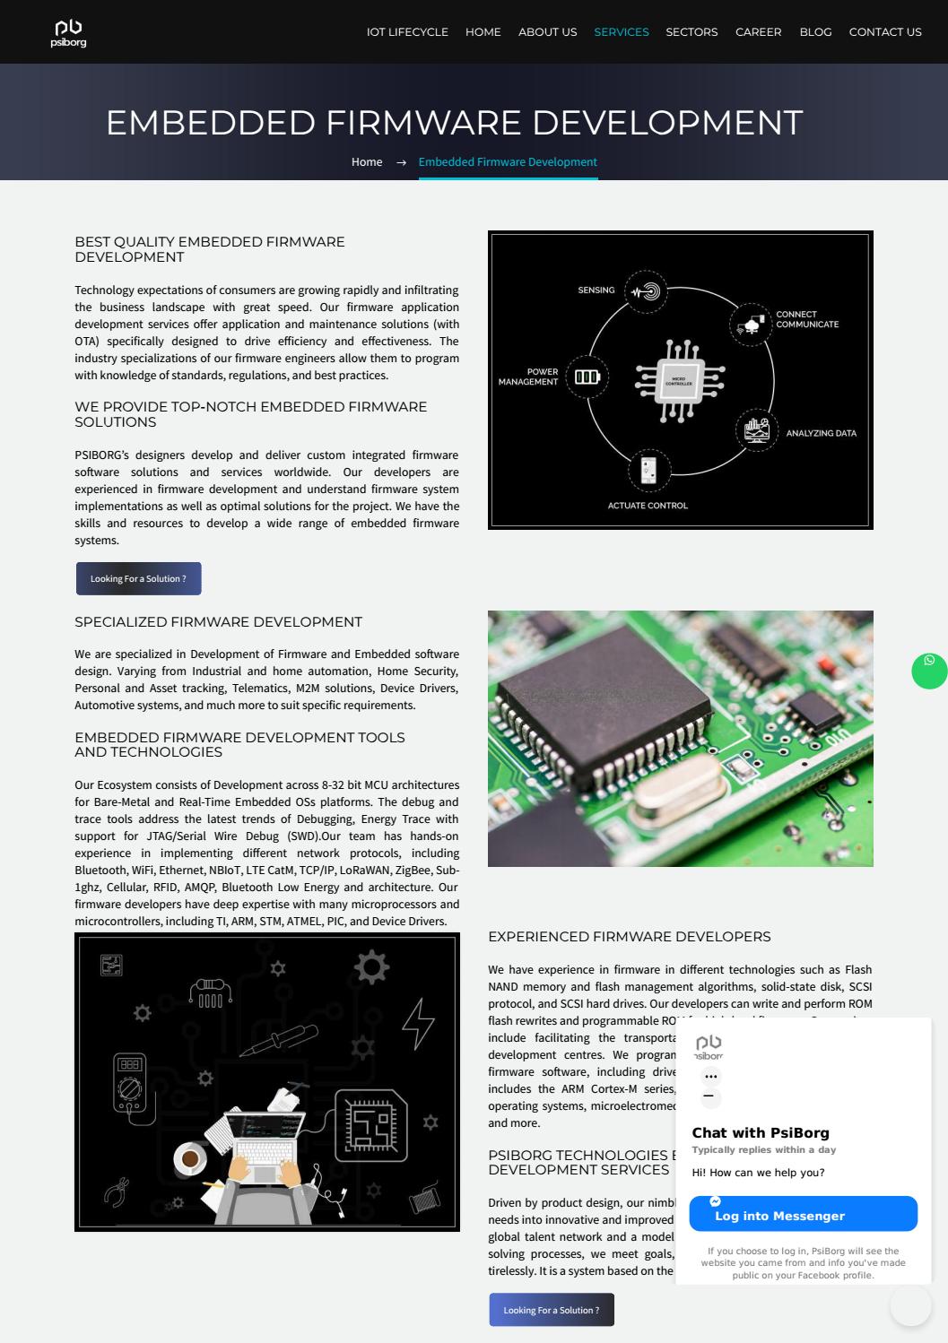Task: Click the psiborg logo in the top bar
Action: (x=68, y=33)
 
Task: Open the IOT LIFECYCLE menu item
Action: (x=407, y=31)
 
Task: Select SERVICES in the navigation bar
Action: (x=621, y=31)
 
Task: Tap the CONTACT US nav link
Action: (x=884, y=31)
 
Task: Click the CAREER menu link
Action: (x=758, y=31)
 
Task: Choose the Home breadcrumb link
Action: (x=366, y=162)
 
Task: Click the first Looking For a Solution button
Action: (x=138, y=579)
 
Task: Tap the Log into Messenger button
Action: (x=803, y=1214)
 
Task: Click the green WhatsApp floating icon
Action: (x=929, y=671)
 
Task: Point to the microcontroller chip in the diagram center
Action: (x=680, y=381)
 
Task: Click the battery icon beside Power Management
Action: (x=587, y=377)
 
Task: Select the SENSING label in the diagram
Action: (x=596, y=290)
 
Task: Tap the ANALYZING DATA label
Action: (x=821, y=433)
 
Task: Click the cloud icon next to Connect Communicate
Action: (x=750, y=325)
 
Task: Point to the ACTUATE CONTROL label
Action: (x=648, y=506)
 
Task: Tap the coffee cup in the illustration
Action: (x=189, y=1159)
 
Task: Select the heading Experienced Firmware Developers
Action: (x=629, y=937)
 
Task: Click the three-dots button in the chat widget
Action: (x=710, y=1077)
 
